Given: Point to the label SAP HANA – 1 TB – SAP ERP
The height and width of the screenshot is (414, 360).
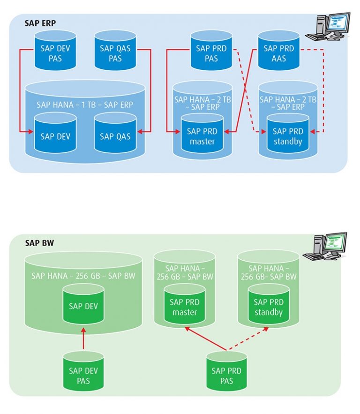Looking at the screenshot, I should pyautogui.click(x=84, y=105).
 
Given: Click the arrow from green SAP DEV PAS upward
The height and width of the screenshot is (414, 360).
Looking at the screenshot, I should pyautogui.click(x=83, y=339).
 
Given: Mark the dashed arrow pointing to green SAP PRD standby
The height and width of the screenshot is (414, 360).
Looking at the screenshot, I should pyautogui.click(x=248, y=339).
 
